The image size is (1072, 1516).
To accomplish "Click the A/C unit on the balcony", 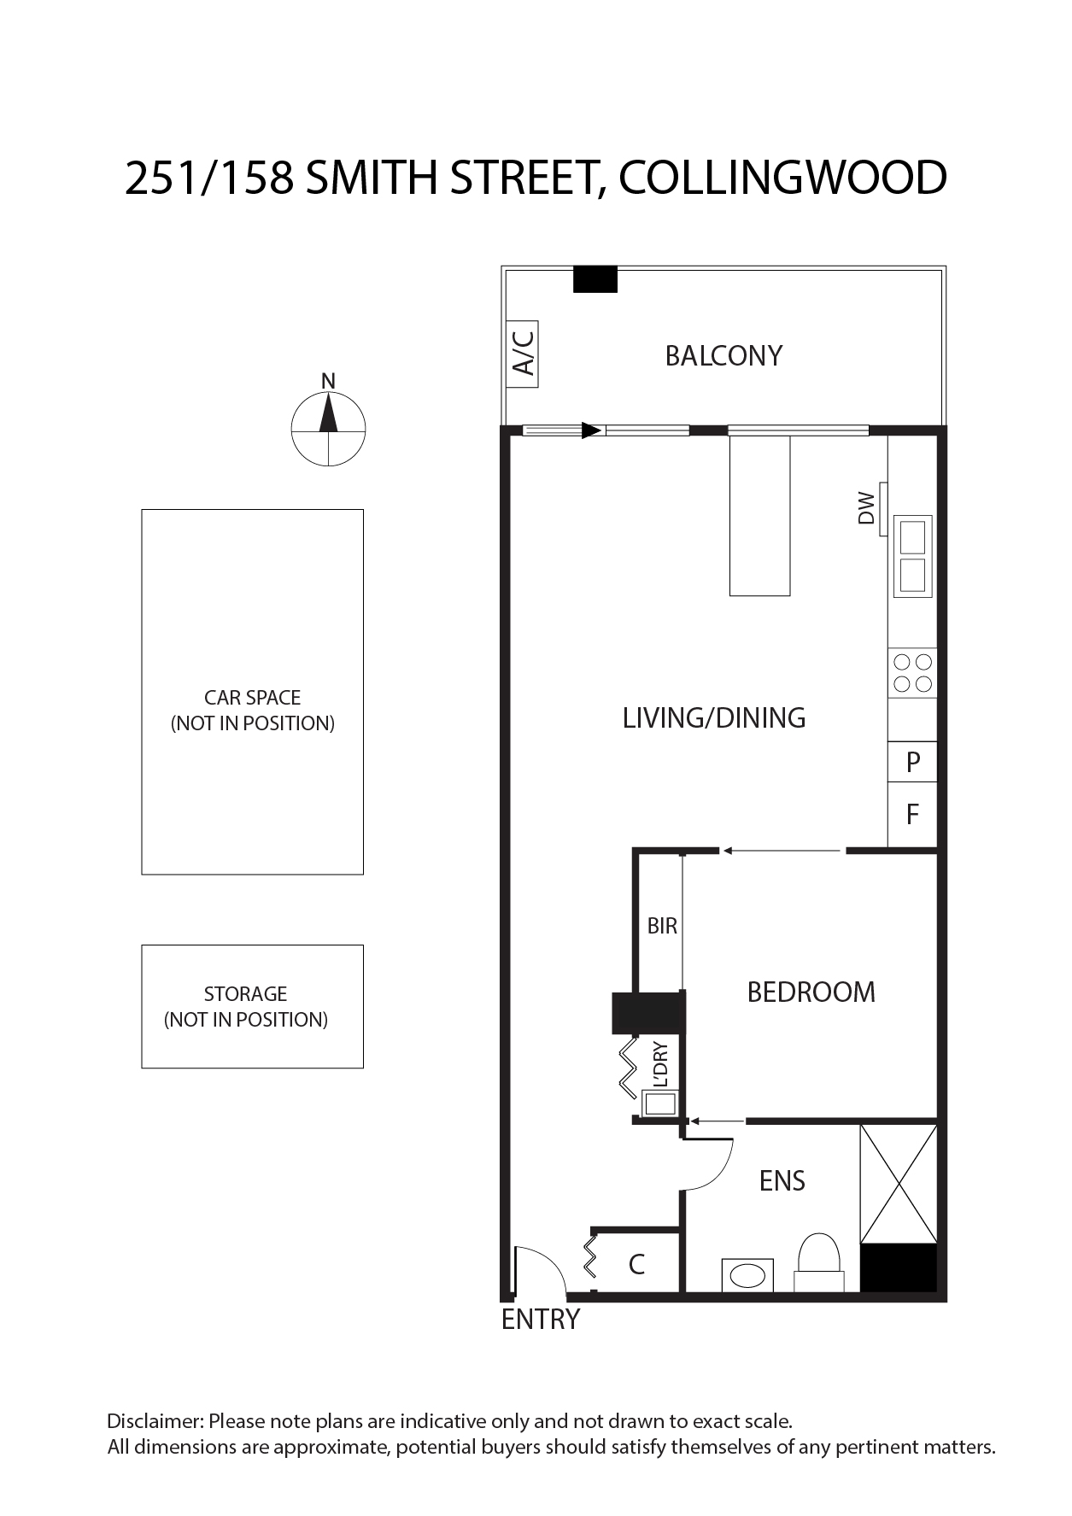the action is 522,354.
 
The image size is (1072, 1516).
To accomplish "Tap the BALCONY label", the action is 723,355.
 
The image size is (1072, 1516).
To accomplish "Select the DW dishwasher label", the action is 867,507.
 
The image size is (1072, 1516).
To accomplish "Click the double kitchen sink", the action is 912,556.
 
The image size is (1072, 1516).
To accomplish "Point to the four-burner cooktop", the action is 912,672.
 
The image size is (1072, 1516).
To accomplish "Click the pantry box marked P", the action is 912,761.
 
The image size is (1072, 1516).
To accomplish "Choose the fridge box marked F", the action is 912,814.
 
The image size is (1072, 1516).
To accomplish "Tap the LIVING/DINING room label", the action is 714,717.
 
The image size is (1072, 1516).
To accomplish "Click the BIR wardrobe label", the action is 662,925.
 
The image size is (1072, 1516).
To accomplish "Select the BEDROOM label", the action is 811,992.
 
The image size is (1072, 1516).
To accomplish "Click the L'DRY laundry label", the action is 660,1064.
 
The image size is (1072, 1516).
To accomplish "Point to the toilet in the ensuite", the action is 818,1263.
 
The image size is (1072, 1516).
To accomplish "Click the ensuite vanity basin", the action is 748,1275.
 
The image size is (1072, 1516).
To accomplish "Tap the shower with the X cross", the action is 899,1184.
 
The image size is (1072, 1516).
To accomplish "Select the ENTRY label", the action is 541,1320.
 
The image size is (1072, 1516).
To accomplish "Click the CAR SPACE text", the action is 253,698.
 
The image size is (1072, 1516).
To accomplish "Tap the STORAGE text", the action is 245,994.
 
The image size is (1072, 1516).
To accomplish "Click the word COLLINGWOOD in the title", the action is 782,178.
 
